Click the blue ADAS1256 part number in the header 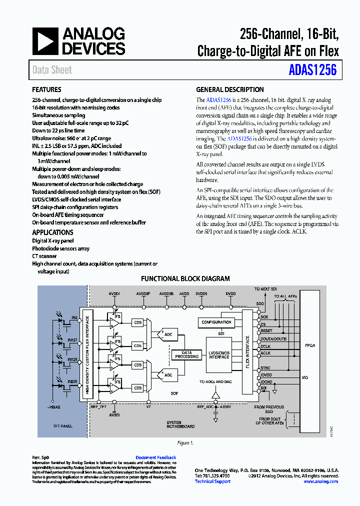pyautogui.click(x=312, y=70)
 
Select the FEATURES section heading pyautogui.click(x=46, y=90)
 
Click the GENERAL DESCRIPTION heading pyautogui.click(x=229, y=90)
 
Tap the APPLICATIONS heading pyautogui.click(x=52, y=232)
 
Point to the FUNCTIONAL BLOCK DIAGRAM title pyautogui.click(x=185, y=279)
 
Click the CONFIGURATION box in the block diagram pyautogui.click(x=216, y=322)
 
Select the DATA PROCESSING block pyautogui.click(x=186, y=354)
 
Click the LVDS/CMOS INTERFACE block pyautogui.click(x=219, y=353)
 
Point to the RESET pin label pyautogui.click(x=266, y=331)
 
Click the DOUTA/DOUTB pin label pyautogui.click(x=272, y=338)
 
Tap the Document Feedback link pyautogui.click(x=155, y=457)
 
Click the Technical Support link pyautogui.click(x=212, y=481)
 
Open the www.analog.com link pyautogui.click(x=320, y=481)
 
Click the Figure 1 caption pyautogui.click(x=184, y=443)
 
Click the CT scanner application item pyautogui.click(x=44, y=256)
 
